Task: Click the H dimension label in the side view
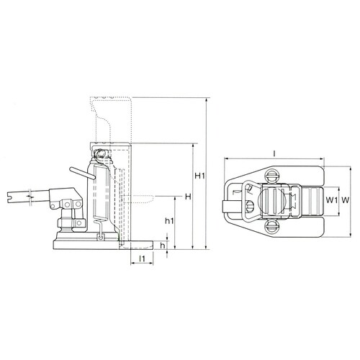187,197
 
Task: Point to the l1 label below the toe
142,258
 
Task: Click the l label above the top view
276,153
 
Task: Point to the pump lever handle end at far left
14,194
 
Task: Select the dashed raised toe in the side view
140,196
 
